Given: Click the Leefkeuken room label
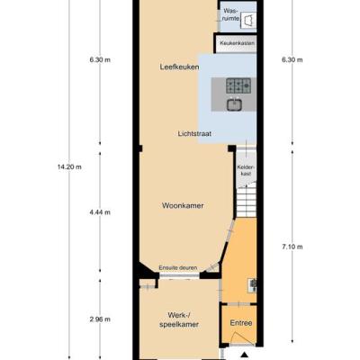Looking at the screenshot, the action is (x=179, y=67).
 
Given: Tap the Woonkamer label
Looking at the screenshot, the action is (x=183, y=206).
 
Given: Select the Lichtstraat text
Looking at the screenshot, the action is (x=194, y=133).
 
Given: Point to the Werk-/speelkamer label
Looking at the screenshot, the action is (x=179, y=319).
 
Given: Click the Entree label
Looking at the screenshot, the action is (x=241, y=323).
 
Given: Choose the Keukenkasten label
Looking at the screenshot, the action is (x=237, y=43).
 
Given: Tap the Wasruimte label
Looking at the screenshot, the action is (x=232, y=14).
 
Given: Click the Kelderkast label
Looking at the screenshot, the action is (x=244, y=170).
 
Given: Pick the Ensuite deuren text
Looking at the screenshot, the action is (x=178, y=267).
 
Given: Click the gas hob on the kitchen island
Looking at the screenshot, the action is (x=238, y=85).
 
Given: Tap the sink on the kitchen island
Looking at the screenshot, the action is (x=234, y=104).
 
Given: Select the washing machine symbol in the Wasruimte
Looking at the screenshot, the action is (x=248, y=21).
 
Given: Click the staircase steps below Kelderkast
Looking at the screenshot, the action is (x=247, y=202).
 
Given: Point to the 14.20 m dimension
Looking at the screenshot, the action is (x=69, y=167).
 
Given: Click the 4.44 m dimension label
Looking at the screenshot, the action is (x=100, y=212).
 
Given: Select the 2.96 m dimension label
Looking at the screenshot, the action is (x=100, y=319).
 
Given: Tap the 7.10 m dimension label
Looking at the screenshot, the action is (x=292, y=247).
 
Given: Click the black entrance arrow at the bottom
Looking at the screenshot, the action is (x=245, y=355).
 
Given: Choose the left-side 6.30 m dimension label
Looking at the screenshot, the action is (x=100, y=59).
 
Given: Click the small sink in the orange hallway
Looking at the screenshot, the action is (x=252, y=285).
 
